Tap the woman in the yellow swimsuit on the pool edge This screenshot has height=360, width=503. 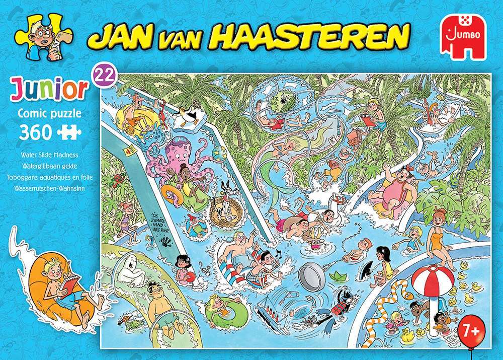coord(439,244)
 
